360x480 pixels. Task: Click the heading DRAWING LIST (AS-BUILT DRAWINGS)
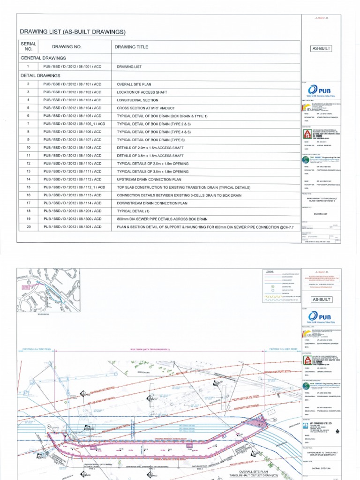[x=73, y=31]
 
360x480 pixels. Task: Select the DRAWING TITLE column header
[x=131, y=47]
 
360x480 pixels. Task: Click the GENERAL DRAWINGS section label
[x=43, y=58]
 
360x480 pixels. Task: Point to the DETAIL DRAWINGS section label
[x=40, y=75]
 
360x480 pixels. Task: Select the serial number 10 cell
[x=28, y=147]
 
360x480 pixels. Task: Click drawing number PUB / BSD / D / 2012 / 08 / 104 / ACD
[x=73, y=107]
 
